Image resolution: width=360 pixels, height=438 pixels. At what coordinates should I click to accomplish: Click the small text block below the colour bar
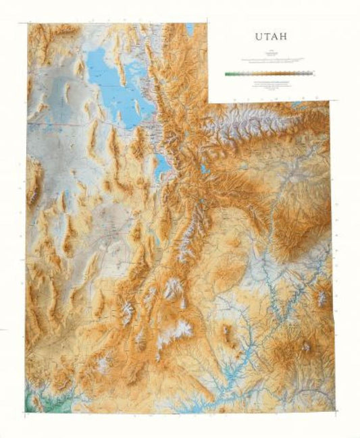click(269, 84)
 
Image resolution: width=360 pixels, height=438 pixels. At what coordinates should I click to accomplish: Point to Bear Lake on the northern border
click(190, 29)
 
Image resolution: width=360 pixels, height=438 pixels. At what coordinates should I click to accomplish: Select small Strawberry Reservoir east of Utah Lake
click(202, 167)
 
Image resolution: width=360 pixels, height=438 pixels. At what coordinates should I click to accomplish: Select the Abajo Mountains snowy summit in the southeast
click(306, 347)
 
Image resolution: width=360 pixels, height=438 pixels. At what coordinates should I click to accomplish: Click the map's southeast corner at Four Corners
click(333, 410)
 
